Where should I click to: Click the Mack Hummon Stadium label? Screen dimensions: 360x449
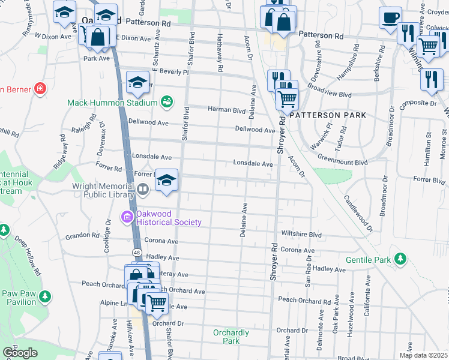[x=113, y=103]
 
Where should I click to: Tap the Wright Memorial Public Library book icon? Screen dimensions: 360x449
[x=143, y=190]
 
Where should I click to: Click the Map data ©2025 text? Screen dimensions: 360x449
[x=424, y=355]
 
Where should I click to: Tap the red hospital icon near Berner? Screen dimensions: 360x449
[x=40, y=89]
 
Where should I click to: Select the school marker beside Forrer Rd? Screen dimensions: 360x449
[x=167, y=180]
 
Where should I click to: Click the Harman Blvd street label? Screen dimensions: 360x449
[x=227, y=110]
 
